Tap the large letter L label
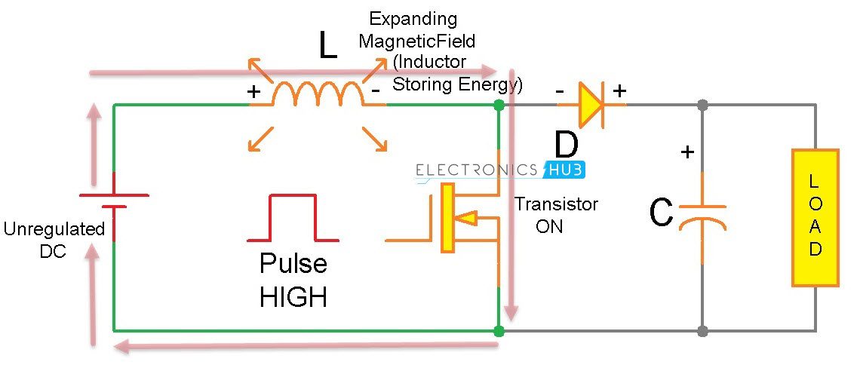327,47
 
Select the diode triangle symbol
591,105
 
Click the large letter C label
662,214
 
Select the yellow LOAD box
815,217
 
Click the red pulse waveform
293,219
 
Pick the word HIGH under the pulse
293,296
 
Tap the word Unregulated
54,230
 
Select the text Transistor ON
555,215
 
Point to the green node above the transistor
498,105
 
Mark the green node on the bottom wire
498,330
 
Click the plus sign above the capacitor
687,152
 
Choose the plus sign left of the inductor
254,93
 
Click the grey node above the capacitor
702,105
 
